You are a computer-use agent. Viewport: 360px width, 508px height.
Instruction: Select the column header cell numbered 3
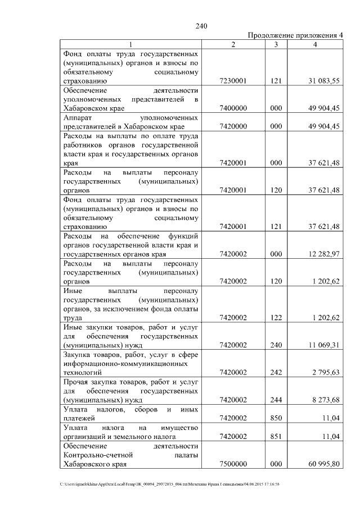pos(276,44)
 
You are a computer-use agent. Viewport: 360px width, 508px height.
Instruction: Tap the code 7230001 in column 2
pos(233,81)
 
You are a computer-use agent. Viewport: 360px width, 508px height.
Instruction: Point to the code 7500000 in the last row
pos(233,465)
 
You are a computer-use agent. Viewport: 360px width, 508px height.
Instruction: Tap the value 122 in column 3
pos(276,317)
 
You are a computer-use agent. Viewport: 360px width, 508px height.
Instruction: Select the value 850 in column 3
pos(276,418)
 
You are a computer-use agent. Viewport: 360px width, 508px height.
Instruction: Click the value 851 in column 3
pos(276,436)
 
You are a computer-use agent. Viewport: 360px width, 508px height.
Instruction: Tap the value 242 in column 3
pos(276,372)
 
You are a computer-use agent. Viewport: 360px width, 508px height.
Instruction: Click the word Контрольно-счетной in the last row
pos(99,455)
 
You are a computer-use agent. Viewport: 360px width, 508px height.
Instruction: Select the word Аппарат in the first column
pos(78,118)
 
